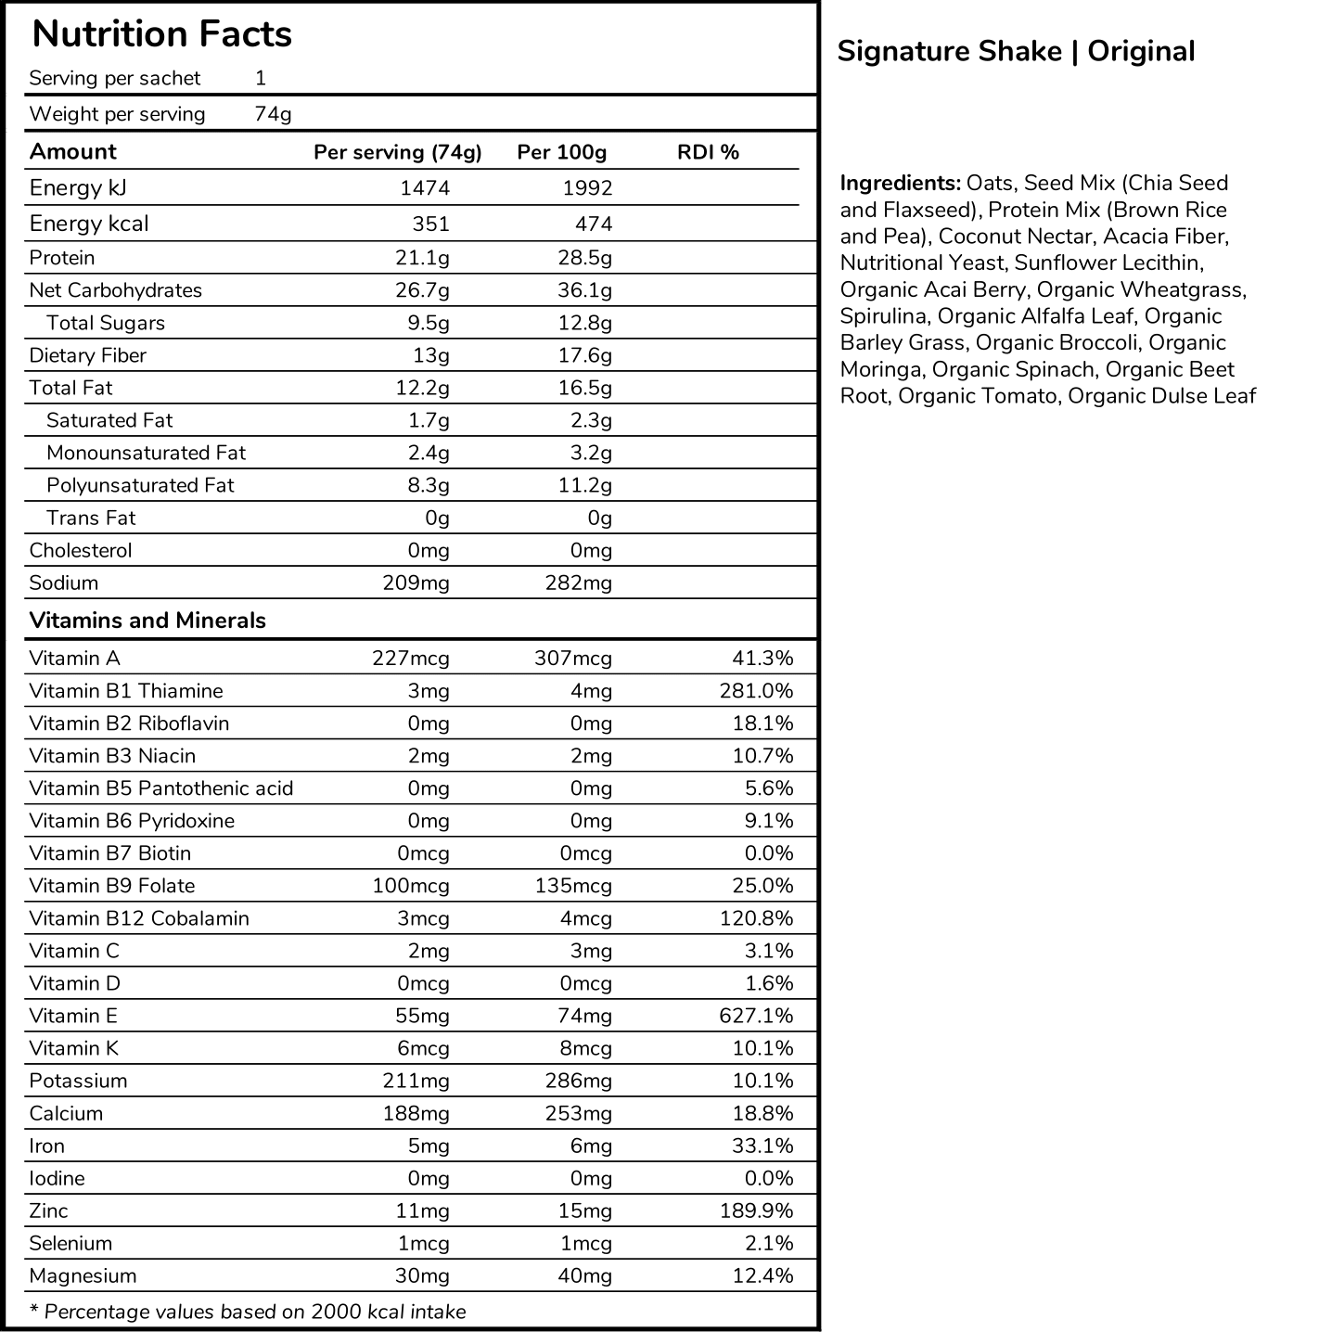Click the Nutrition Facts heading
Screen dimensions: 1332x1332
(x=161, y=34)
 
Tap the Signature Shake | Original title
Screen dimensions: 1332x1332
(x=1016, y=51)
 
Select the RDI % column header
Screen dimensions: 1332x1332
(x=708, y=152)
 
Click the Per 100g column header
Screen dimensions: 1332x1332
(x=561, y=152)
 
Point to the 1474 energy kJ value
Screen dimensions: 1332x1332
(x=424, y=188)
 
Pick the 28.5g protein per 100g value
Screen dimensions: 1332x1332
(x=584, y=258)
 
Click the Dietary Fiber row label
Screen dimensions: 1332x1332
(x=87, y=355)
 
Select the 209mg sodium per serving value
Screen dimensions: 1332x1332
(x=416, y=583)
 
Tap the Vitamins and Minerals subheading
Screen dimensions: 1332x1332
(x=147, y=621)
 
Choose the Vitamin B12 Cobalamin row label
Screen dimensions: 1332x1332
(x=139, y=918)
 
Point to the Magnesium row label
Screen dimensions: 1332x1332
(x=83, y=1275)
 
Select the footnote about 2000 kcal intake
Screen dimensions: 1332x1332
(x=248, y=1312)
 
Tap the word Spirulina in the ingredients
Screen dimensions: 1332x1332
(x=882, y=316)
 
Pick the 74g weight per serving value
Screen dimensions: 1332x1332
(x=273, y=114)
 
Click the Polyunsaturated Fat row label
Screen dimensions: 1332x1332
(x=140, y=485)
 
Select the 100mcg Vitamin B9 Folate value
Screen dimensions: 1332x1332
(x=411, y=886)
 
